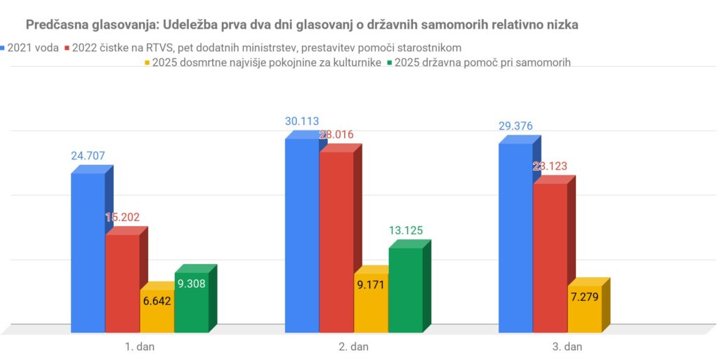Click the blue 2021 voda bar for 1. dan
(88, 253)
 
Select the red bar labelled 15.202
(122, 284)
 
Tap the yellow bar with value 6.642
(157, 312)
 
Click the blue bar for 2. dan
(301, 235)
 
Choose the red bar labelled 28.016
(336, 242)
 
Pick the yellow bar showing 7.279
(584, 309)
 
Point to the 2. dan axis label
(353, 346)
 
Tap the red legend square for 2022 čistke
(68, 48)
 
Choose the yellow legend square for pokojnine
(147, 62)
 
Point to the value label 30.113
(301, 121)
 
